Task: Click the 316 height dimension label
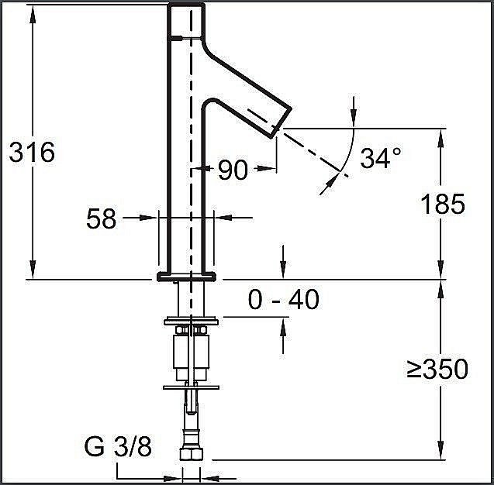(x=32, y=153)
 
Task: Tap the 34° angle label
(x=381, y=158)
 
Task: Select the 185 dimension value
(x=443, y=205)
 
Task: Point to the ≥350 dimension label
(x=437, y=369)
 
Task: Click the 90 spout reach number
(x=233, y=170)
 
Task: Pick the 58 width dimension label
(x=101, y=219)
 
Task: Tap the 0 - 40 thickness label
(x=284, y=300)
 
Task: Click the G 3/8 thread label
(x=118, y=446)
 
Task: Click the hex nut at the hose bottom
(x=191, y=454)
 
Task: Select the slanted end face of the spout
(x=282, y=122)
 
